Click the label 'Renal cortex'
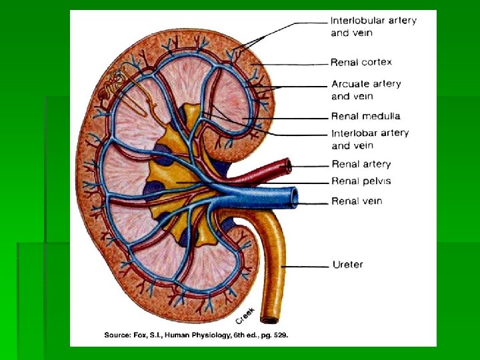point(361,62)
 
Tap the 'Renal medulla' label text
point(365,115)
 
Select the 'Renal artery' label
point(361,164)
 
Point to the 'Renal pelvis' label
point(361,181)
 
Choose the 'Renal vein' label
point(357,201)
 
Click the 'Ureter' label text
point(347,265)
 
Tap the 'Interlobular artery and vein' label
point(373,26)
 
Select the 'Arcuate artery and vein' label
point(366,89)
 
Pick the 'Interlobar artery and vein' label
point(370,139)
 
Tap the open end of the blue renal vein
point(294,197)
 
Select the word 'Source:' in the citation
point(119,335)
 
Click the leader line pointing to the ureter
point(307,266)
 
